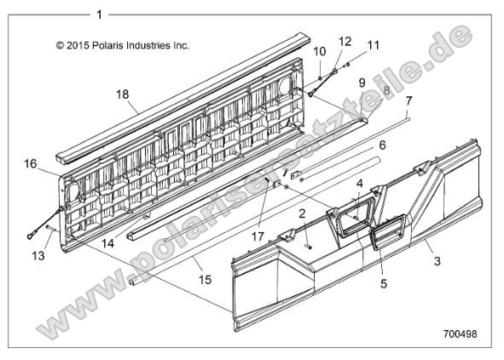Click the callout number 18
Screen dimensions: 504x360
[123, 95]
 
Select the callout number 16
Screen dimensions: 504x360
[31, 164]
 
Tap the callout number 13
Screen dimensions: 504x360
[38, 256]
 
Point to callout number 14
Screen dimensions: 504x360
[108, 243]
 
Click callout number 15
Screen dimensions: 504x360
[205, 280]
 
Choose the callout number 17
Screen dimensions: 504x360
[258, 237]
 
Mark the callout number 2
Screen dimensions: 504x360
[302, 213]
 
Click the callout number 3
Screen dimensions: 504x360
[437, 261]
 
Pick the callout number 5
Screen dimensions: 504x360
[384, 284]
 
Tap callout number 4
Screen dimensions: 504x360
[360, 183]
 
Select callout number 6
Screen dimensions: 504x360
[382, 145]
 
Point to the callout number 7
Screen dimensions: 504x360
[408, 101]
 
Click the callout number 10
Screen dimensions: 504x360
[320, 51]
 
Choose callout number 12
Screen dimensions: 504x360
[345, 42]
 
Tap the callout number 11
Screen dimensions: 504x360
[374, 45]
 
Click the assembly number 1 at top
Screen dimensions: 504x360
[99, 15]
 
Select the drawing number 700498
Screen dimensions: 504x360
[461, 334]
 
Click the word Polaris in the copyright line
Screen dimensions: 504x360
[107, 45]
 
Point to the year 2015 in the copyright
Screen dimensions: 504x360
[78, 45]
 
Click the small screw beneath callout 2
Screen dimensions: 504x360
[310, 247]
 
